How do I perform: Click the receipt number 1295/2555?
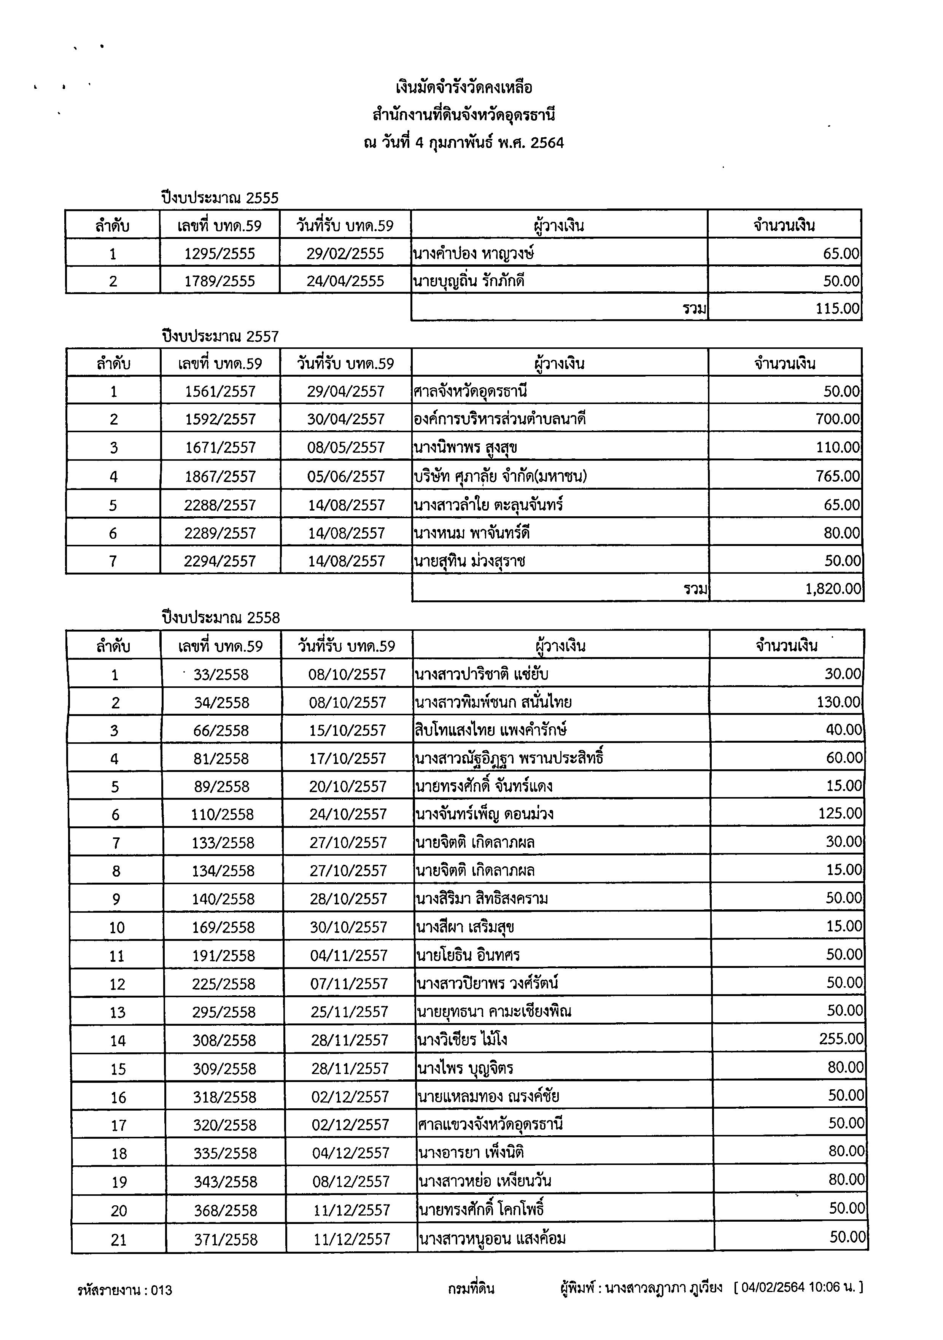tap(219, 254)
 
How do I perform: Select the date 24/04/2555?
tap(345, 281)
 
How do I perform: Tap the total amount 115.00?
tap(837, 309)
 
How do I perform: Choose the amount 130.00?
tap(838, 702)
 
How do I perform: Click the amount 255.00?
tap(841, 1039)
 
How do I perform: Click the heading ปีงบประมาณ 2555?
tap(220, 198)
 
